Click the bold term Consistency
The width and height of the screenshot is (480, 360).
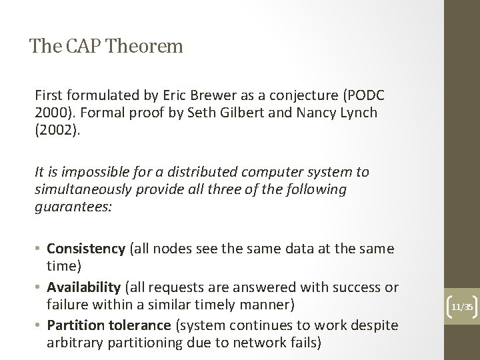[x=86, y=249]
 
